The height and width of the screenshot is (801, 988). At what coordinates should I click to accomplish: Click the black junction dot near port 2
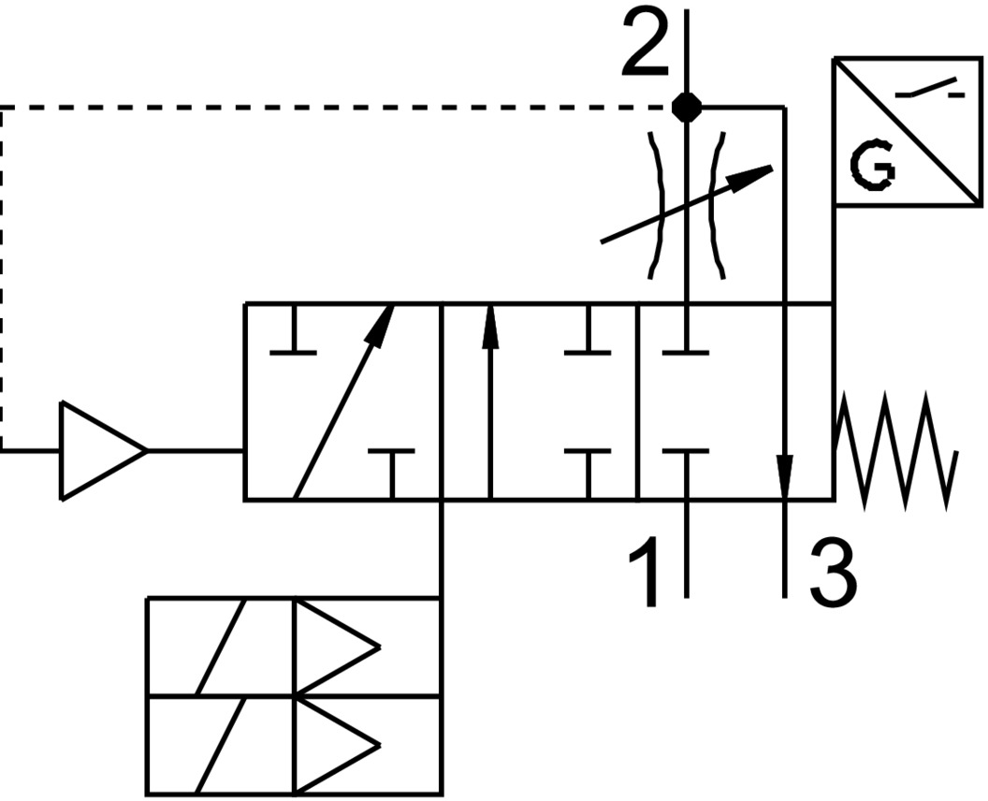[x=688, y=108]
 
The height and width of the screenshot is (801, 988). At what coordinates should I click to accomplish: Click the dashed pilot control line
[x=281, y=108]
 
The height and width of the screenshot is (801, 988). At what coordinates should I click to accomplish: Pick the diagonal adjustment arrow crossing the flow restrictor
[x=688, y=205]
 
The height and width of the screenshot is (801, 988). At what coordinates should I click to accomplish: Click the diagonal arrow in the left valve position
[x=342, y=402]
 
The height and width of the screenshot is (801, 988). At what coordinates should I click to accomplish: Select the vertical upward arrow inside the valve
[x=488, y=402]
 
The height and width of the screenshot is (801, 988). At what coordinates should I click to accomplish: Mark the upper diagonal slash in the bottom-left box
[x=221, y=647]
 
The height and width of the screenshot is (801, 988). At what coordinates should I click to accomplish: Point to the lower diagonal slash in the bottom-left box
[x=221, y=745]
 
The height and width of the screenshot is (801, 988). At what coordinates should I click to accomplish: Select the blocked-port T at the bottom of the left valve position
[x=392, y=468]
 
